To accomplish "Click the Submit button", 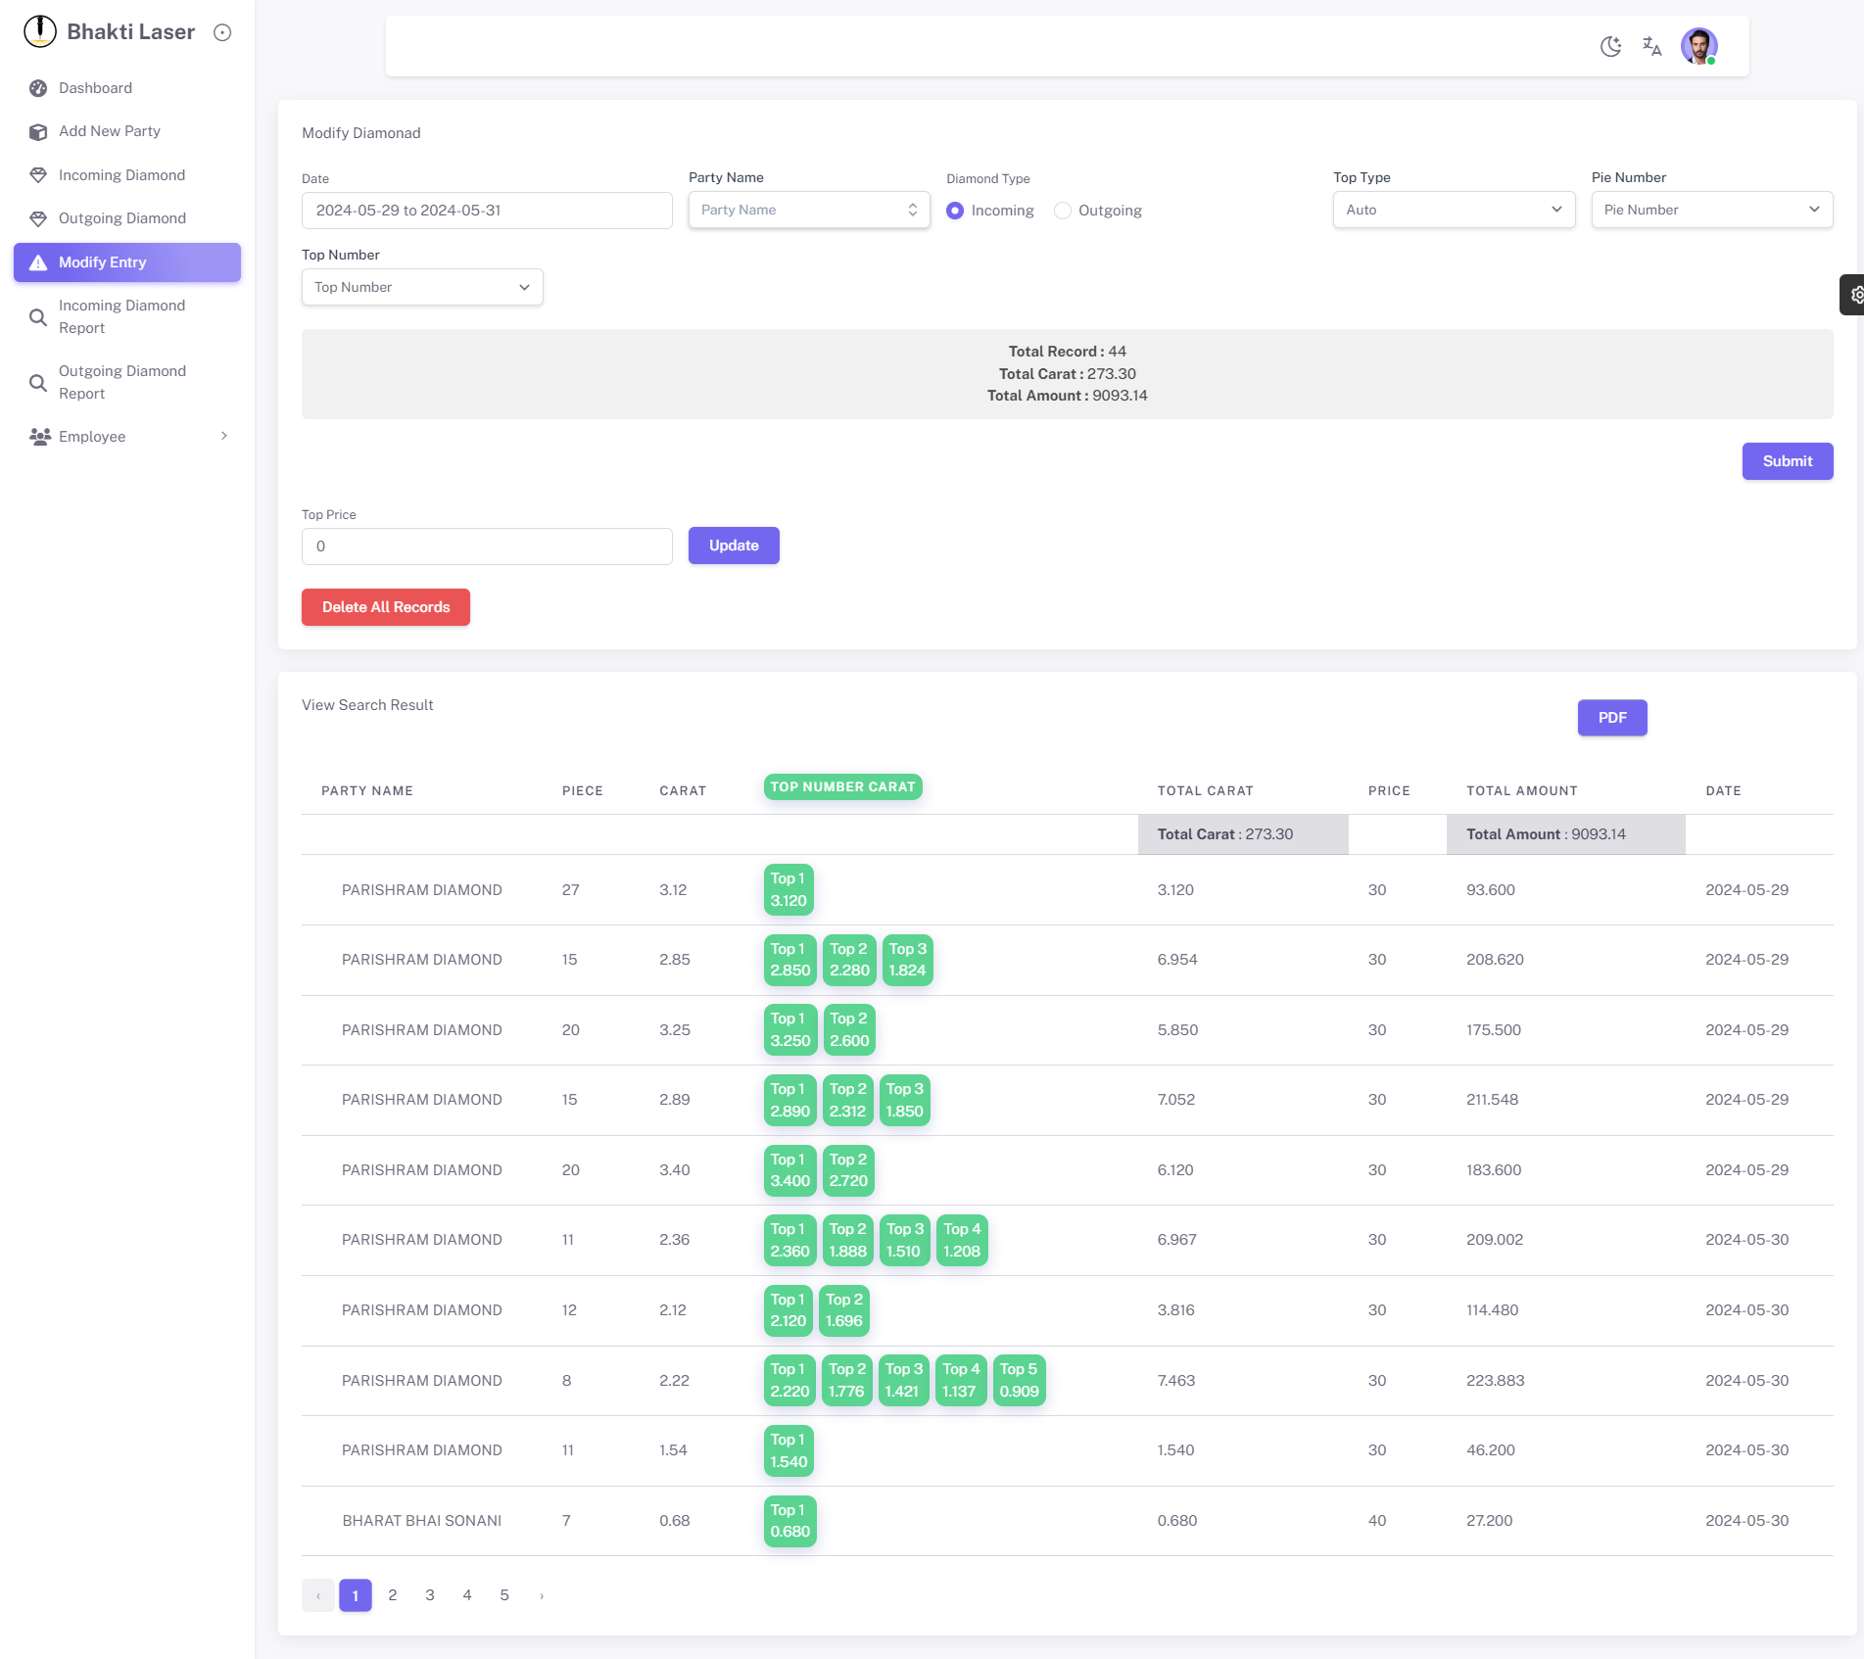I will [x=1787, y=461].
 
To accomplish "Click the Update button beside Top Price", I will [x=734, y=545].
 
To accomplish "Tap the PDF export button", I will [x=1611, y=718].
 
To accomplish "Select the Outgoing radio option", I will [x=1063, y=211].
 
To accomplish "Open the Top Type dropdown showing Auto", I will [x=1454, y=210].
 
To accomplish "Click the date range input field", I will [x=487, y=211].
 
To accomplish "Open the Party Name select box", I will [x=809, y=210].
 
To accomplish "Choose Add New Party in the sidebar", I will [x=110, y=131].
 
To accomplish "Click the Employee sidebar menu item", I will [x=92, y=437].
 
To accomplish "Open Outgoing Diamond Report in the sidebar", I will [x=121, y=382].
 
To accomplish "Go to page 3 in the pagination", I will [x=430, y=1595].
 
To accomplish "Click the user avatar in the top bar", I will [x=1698, y=46].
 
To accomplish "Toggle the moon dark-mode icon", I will [x=1610, y=46].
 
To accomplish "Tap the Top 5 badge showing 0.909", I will [x=1019, y=1380].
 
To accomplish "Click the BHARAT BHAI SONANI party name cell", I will [x=422, y=1521].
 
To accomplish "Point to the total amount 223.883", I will [x=1495, y=1380].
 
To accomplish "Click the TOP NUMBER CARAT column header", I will [x=842, y=786].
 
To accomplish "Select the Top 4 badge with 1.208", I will [x=962, y=1240].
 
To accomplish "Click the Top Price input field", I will [x=487, y=546].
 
